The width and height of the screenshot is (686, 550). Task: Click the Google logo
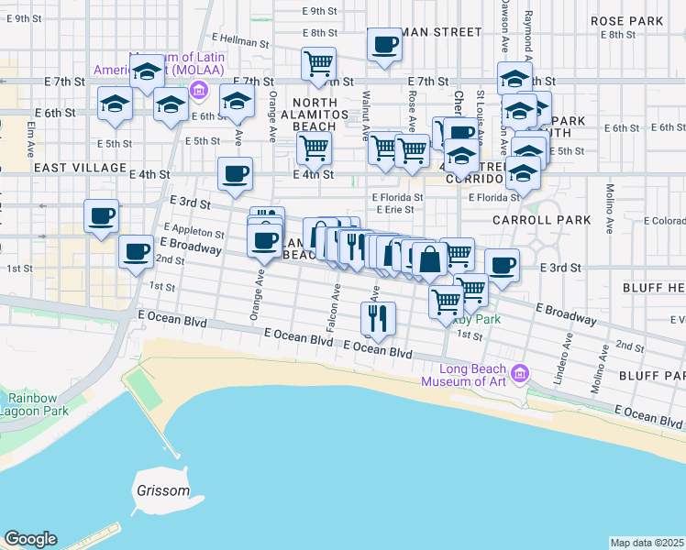click(30, 539)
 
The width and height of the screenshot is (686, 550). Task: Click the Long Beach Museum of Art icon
click(520, 373)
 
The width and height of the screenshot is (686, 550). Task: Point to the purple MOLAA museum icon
click(197, 90)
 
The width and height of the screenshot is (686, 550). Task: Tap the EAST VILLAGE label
click(79, 169)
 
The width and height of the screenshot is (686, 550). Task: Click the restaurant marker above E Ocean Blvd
click(378, 317)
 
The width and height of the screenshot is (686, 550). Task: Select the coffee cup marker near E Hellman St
click(384, 43)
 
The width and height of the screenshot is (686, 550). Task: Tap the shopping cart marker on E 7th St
click(318, 63)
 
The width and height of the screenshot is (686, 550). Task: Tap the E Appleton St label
click(194, 231)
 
